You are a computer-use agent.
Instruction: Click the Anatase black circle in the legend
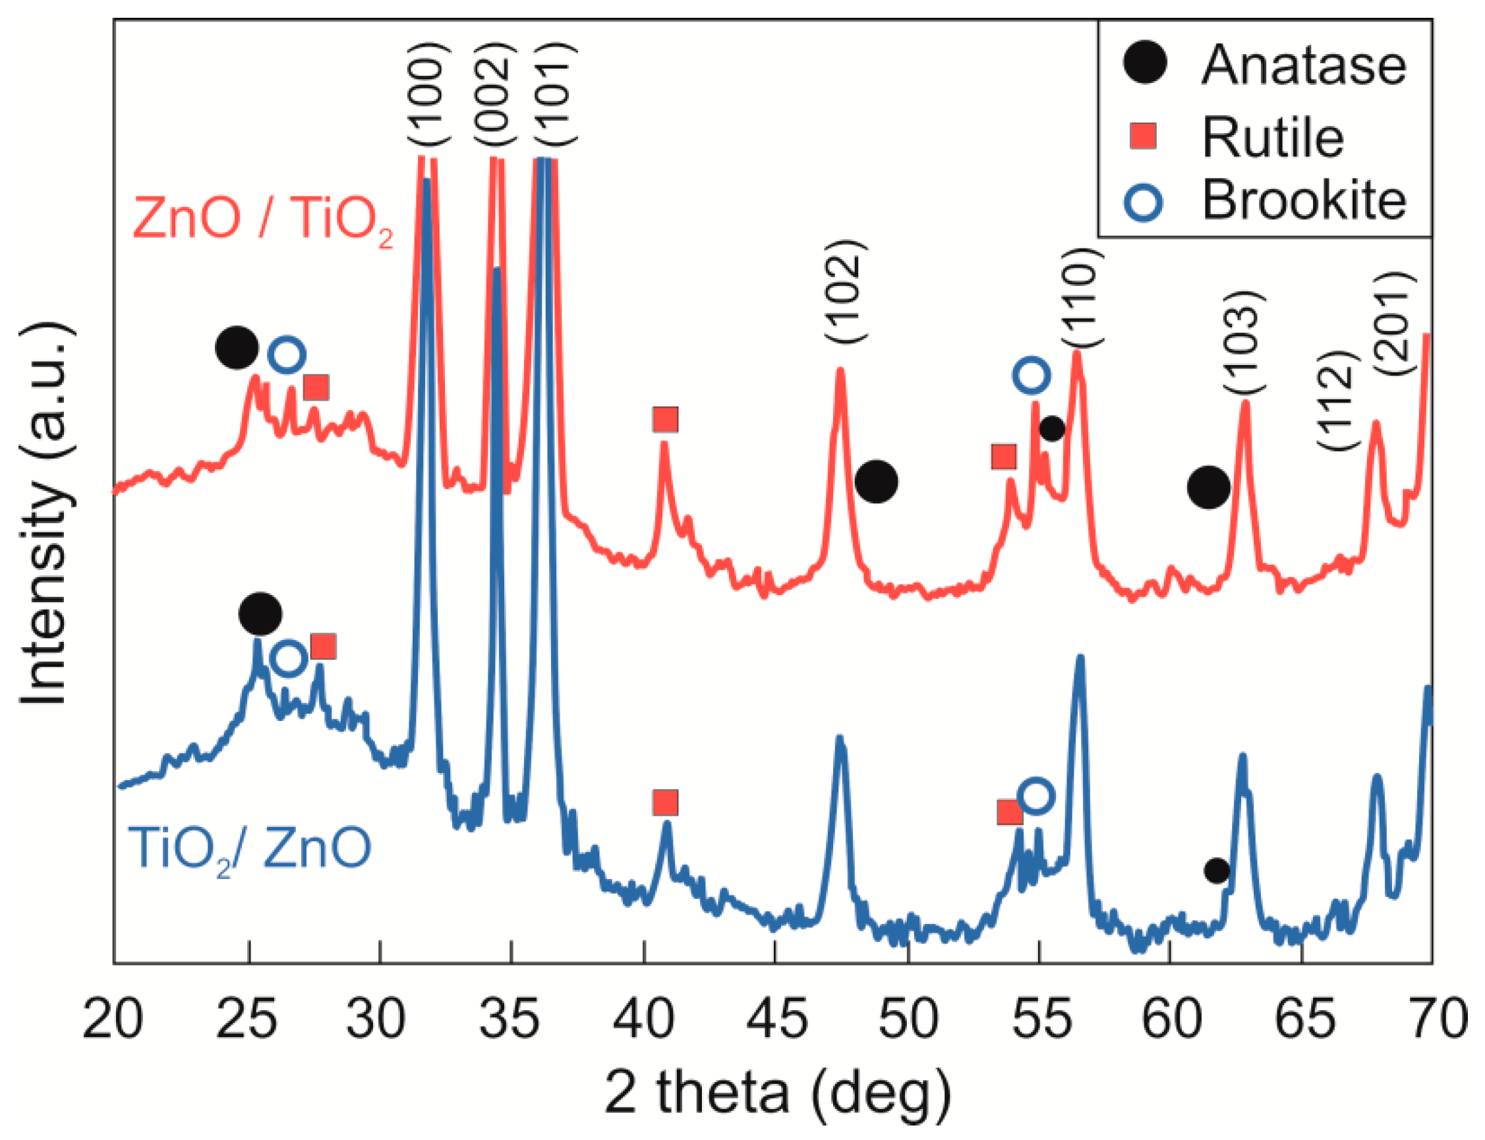click(x=1145, y=63)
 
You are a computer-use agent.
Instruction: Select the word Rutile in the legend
click(x=1273, y=138)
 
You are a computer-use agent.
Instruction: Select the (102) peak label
click(x=845, y=291)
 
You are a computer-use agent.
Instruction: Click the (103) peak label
click(x=1244, y=342)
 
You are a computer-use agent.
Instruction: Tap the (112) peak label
click(x=1339, y=401)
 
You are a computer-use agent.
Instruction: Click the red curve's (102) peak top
click(x=840, y=370)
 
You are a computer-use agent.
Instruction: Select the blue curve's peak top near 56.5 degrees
click(x=1080, y=658)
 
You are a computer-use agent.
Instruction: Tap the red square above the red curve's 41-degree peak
click(x=665, y=419)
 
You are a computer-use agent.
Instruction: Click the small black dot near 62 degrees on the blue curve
click(x=1216, y=870)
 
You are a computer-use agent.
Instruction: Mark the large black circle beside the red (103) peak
click(x=1208, y=486)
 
